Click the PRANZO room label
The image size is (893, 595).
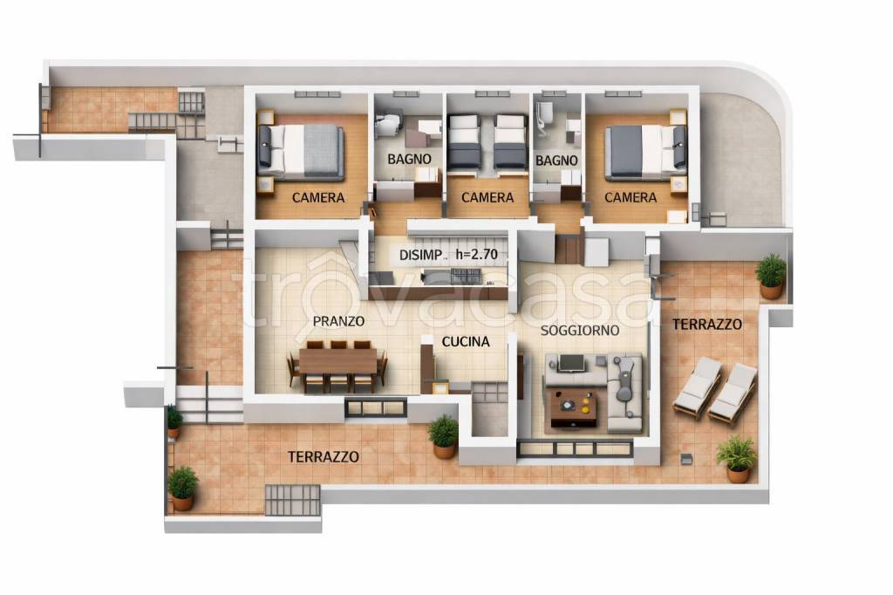click(338, 321)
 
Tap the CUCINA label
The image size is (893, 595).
click(466, 341)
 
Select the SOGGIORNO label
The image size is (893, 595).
click(580, 330)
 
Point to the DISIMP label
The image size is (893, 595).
click(420, 256)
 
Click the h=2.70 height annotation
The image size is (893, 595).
click(477, 255)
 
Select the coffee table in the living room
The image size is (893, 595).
click(574, 407)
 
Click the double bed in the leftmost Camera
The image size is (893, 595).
click(300, 151)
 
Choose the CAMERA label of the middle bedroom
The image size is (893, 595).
click(487, 198)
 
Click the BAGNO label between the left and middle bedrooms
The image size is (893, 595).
click(409, 159)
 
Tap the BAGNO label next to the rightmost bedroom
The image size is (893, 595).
click(556, 161)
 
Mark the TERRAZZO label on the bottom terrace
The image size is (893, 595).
click(323, 457)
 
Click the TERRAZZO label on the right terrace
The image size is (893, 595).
click(706, 325)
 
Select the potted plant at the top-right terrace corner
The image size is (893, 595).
click(771, 276)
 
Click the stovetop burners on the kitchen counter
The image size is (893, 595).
click(466, 276)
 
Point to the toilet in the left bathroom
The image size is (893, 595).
click(388, 122)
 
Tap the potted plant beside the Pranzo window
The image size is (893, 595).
click(444, 436)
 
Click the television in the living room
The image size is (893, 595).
click(570, 363)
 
